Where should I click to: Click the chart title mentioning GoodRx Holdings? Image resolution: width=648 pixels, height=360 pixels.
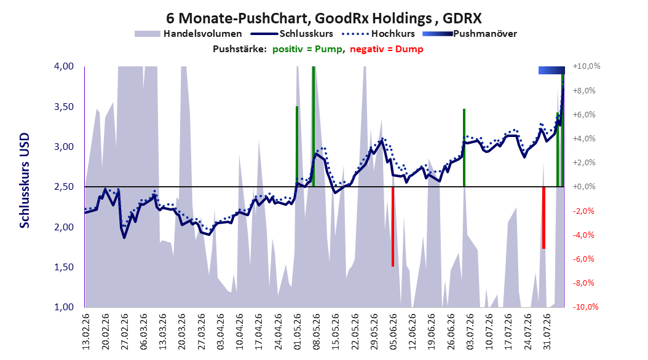click(x=323, y=18)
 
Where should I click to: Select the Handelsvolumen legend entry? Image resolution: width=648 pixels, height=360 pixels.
click(x=188, y=34)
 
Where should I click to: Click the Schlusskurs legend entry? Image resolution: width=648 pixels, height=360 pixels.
click(x=292, y=34)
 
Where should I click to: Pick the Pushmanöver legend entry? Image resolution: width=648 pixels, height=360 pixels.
click(x=470, y=34)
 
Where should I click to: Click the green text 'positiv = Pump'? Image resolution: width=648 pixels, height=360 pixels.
click(x=307, y=49)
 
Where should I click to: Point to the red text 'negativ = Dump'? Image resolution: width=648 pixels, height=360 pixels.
click(x=387, y=49)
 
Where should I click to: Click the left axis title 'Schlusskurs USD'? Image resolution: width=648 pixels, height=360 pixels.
click(x=25, y=180)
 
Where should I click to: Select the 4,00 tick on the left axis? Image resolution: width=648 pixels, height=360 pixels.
click(x=64, y=66)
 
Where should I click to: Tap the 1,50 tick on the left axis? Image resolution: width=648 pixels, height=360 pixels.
click(x=64, y=267)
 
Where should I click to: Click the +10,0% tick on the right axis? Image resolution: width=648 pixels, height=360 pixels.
click(x=587, y=66)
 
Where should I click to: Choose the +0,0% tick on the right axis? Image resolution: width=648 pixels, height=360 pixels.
click(x=584, y=187)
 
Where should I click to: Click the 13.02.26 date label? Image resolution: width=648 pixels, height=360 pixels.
click(x=86, y=332)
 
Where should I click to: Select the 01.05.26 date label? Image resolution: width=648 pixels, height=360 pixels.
click(x=298, y=332)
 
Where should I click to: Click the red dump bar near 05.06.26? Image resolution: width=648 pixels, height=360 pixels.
click(x=393, y=227)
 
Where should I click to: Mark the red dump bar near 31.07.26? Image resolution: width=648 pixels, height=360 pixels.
click(x=544, y=218)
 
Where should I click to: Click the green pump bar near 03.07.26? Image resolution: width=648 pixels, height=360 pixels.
click(x=464, y=147)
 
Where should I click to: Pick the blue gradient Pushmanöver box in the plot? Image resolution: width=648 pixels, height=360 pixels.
click(x=551, y=70)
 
